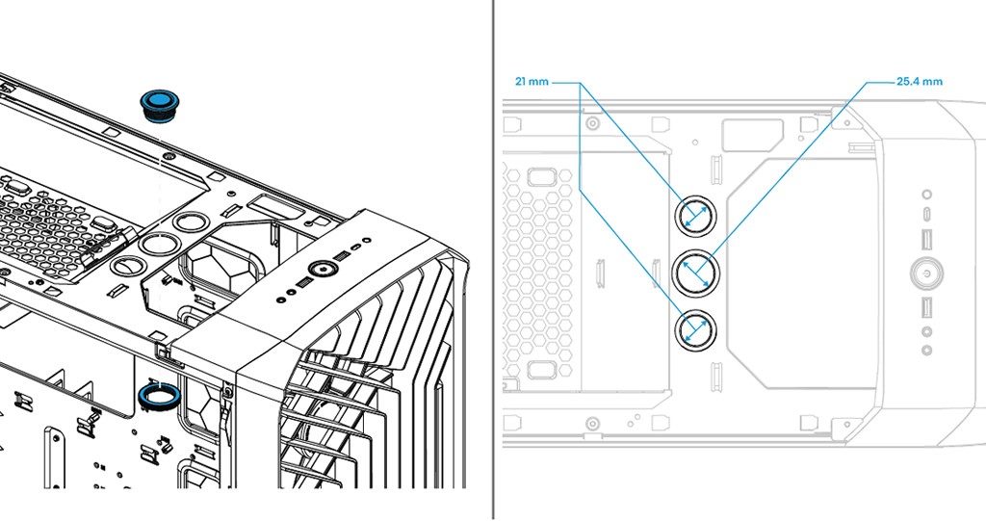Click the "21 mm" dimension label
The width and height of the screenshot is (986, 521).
(532, 82)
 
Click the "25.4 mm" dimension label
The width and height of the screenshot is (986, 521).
(919, 82)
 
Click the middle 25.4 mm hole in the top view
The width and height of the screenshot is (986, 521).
(695, 273)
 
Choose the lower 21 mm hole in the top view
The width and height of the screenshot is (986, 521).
(695, 330)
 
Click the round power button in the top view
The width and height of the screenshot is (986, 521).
(926, 274)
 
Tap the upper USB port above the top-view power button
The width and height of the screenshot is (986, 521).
(926, 239)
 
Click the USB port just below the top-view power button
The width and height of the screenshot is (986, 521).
(926, 308)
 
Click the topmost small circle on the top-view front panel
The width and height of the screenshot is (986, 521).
(926, 195)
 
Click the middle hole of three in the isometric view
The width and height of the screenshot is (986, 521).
(154, 242)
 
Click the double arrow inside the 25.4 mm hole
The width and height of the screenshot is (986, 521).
(695, 273)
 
